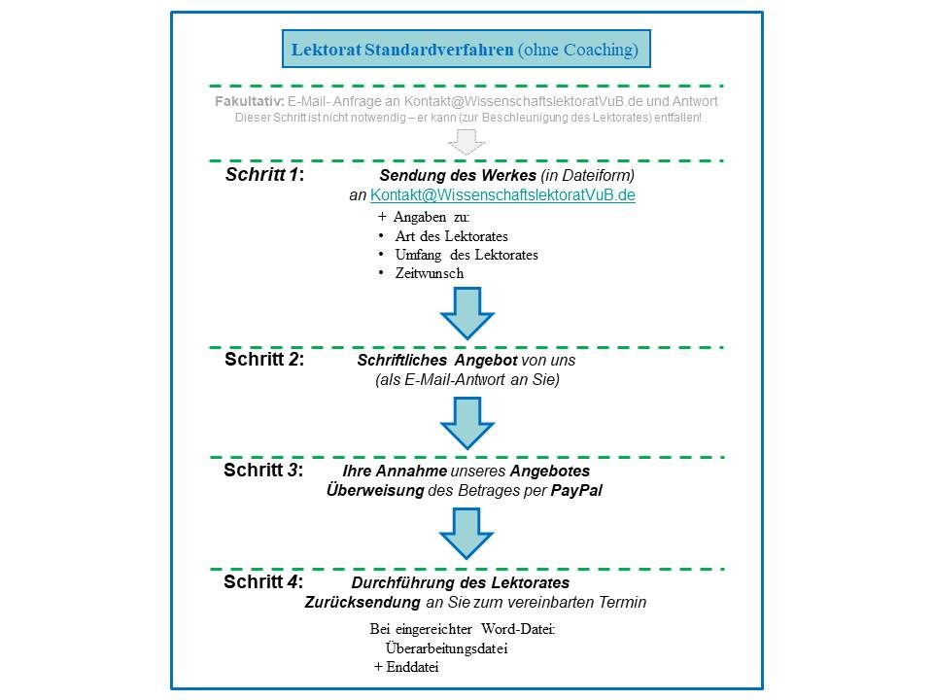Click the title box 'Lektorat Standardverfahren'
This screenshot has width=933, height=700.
[466, 49]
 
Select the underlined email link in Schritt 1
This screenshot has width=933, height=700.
[502, 195]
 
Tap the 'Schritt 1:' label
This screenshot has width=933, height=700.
[264, 174]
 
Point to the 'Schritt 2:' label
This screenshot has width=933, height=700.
[264, 359]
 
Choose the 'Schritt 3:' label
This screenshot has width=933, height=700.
[263, 470]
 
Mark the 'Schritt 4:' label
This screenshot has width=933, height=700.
[263, 581]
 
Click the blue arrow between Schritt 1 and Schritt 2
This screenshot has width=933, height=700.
[467, 313]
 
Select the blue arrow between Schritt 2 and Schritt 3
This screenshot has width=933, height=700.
[467, 423]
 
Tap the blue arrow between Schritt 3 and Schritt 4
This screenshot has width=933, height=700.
[466, 534]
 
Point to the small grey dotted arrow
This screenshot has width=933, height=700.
[466, 142]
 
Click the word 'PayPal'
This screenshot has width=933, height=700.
[576, 490]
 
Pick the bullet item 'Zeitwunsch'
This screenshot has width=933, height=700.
[429, 273]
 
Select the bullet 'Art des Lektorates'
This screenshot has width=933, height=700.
[451, 236]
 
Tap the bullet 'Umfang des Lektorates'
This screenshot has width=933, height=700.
[466, 255]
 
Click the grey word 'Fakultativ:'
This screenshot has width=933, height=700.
[250, 101]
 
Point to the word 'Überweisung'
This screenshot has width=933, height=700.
[375, 490]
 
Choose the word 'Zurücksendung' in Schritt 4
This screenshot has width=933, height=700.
[363, 602]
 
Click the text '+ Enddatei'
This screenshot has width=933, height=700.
[406, 667]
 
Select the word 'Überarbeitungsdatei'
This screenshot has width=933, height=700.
[446, 648]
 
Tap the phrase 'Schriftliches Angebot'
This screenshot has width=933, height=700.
[437, 360]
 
